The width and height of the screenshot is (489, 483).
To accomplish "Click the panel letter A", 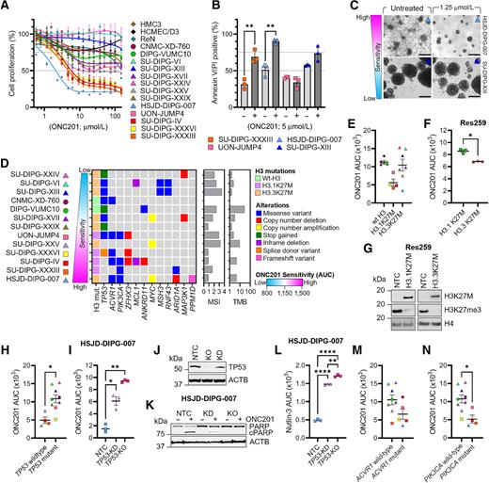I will click(6, 7).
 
